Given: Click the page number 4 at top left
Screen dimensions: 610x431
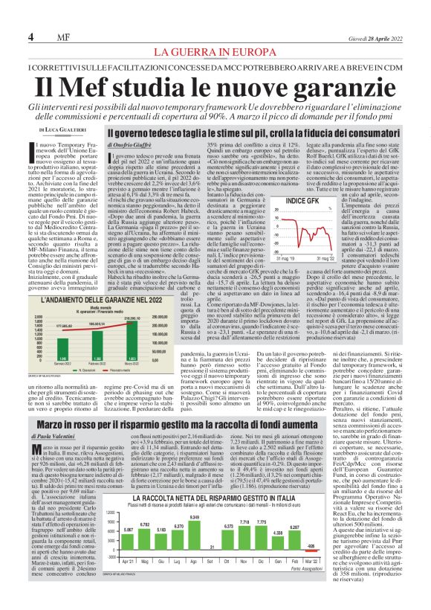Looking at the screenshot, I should pos(31,37).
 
